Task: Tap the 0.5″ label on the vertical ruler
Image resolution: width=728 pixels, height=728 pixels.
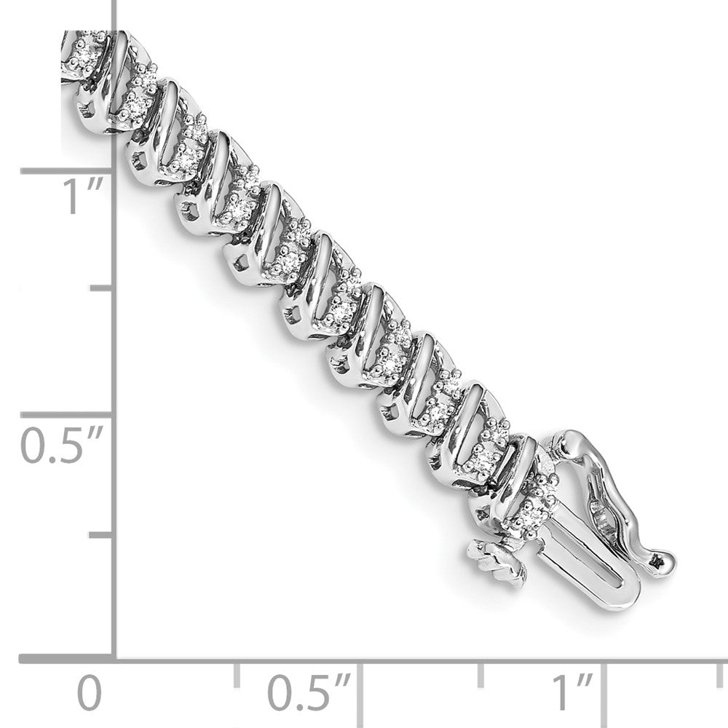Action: (x=63, y=446)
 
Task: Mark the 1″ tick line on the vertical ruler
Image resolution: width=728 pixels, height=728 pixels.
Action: (x=67, y=172)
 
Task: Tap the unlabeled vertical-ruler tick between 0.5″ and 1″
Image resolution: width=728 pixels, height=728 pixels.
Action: (x=102, y=289)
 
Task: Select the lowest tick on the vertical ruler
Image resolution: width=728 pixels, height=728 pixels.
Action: (x=102, y=536)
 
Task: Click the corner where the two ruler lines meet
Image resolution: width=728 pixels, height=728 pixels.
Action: (x=115, y=661)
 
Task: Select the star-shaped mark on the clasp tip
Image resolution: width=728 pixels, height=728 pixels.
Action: (x=660, y=560)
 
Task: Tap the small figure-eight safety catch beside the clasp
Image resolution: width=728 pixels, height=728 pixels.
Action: (x=497, y=561)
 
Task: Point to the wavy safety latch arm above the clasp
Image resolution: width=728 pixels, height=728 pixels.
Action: (x=612, y=495)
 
